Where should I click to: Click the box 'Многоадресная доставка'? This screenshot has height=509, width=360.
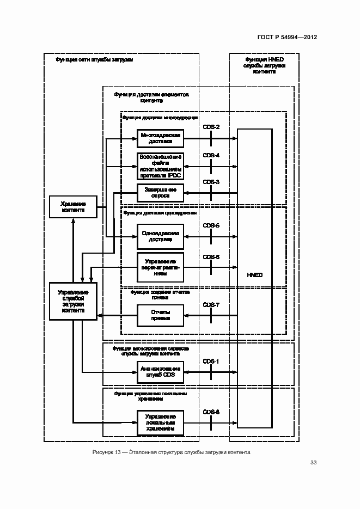click(160, 138)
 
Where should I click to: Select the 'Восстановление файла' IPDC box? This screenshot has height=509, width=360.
click(160, 166)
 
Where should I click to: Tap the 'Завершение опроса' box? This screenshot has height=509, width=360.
click(160, 192)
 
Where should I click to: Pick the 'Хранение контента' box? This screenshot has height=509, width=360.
click(73, 207)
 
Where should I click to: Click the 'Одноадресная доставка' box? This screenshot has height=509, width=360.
click(160, 236)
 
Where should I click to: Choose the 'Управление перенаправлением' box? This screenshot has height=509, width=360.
click(160, 267)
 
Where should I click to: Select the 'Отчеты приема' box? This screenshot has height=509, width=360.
click(160, 316)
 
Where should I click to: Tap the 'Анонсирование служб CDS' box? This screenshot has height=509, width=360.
click(160, 372)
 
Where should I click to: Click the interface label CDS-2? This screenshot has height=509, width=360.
click(211, 127)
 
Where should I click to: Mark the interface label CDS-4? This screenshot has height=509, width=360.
click(211, 156)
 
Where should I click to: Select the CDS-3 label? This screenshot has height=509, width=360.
click(211, 182)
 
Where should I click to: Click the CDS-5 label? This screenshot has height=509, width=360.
click(211, 225)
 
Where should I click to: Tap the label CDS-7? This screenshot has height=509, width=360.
click(211, 305)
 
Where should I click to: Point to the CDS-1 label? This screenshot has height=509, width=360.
click(211, 361)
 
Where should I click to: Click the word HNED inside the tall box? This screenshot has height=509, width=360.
click(254, 275)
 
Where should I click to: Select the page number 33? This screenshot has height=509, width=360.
click(313, 463)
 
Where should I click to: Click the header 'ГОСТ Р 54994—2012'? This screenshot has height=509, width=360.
click(287, 38)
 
